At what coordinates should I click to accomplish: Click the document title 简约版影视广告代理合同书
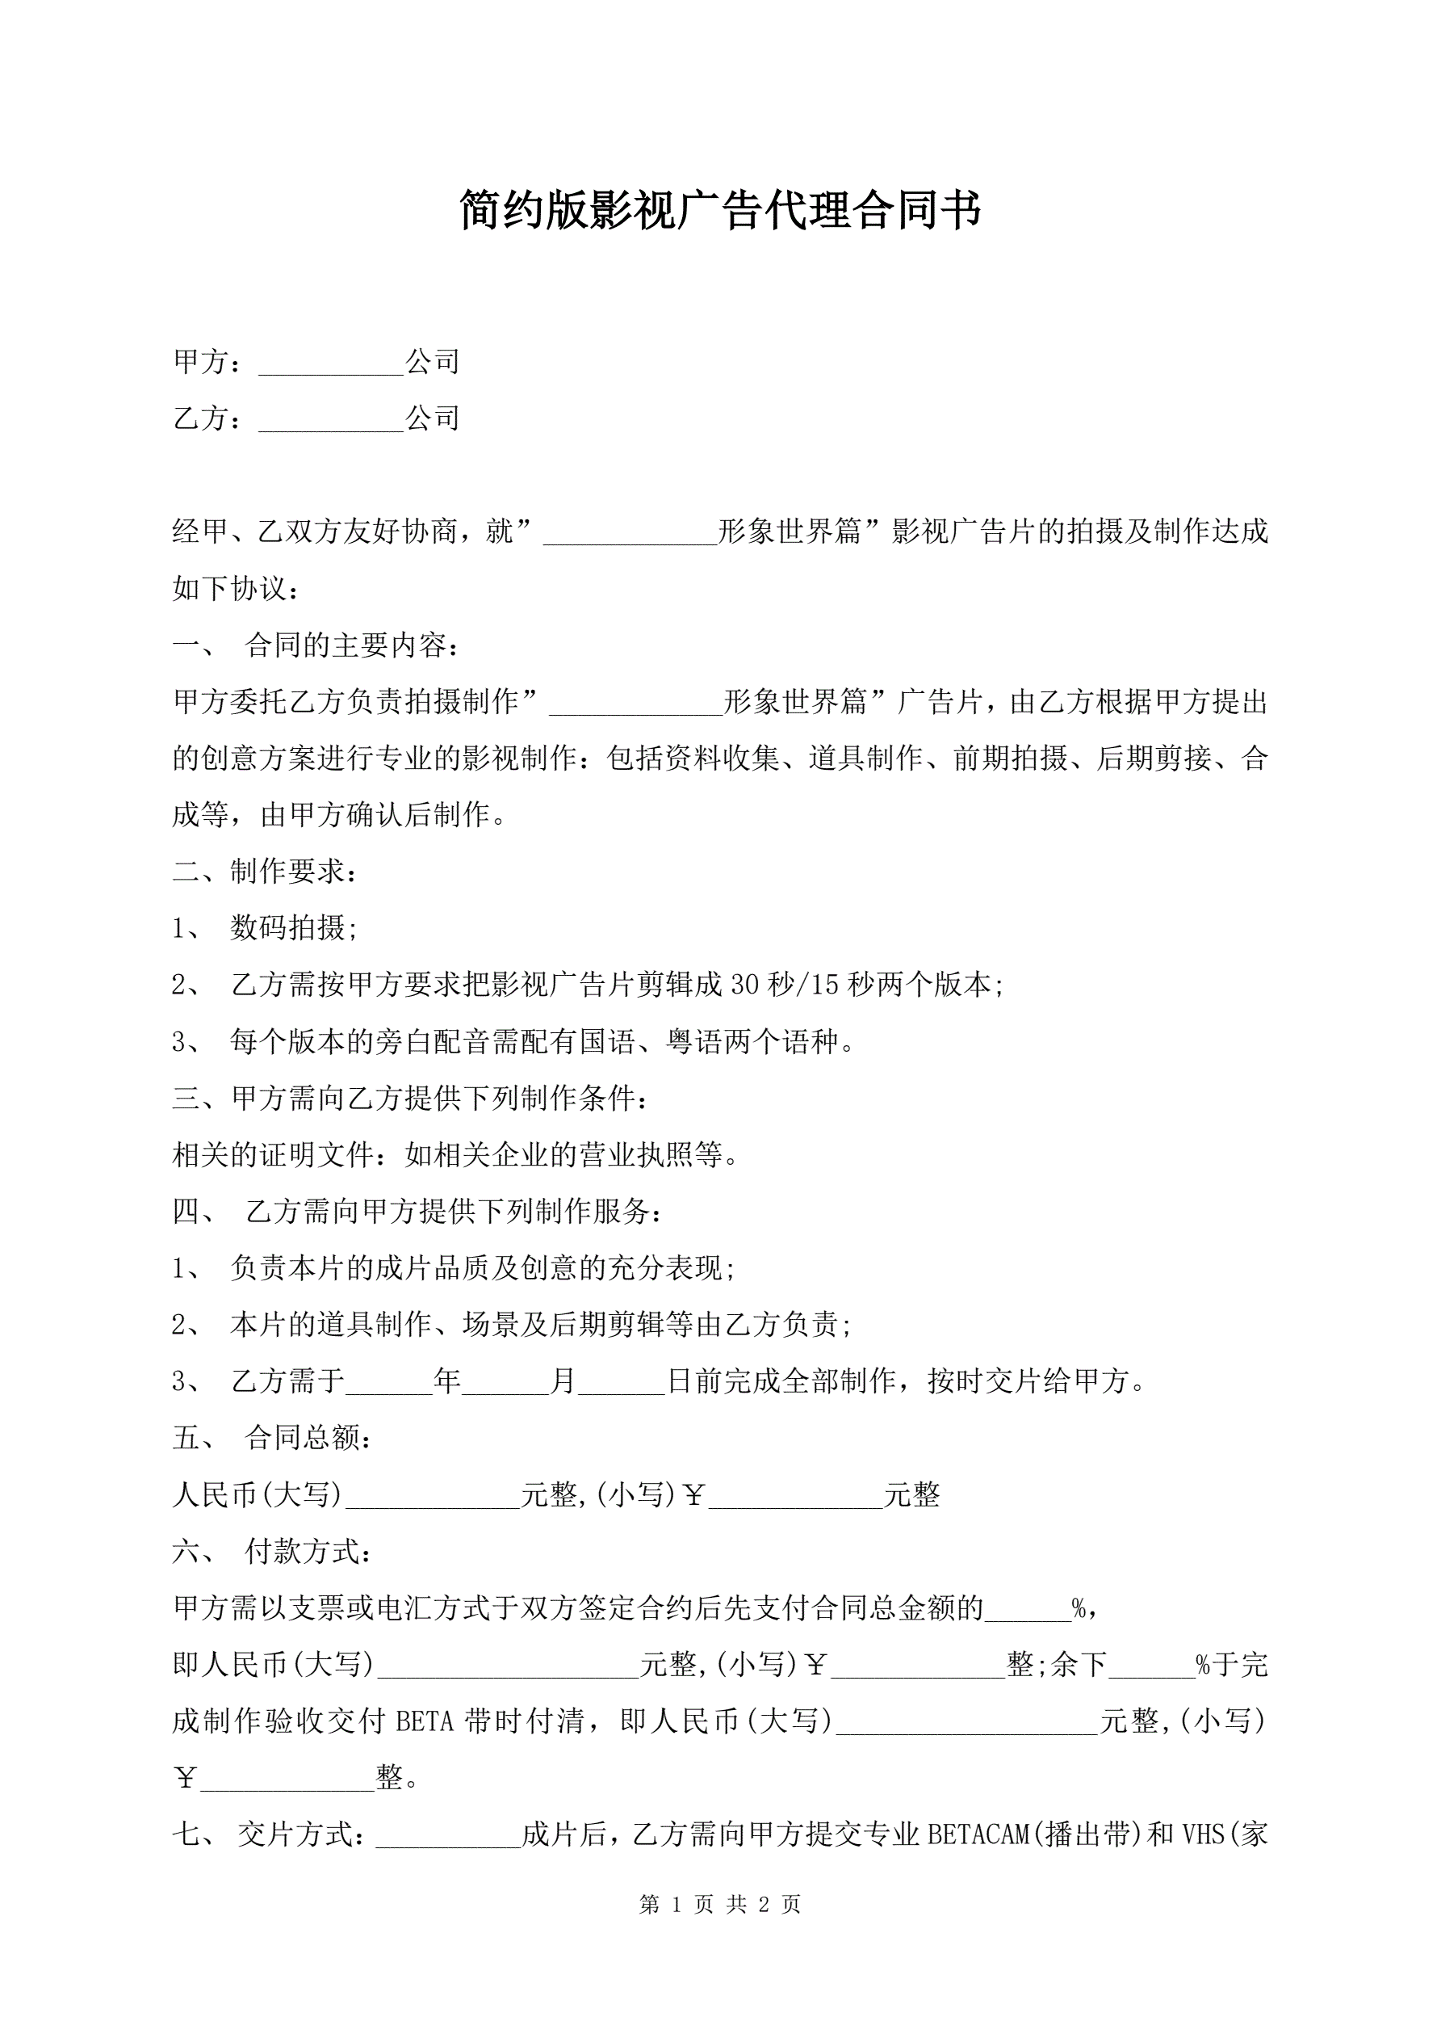[719, 210]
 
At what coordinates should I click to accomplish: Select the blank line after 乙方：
[331, 420]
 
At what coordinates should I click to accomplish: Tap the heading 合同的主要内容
[351, 645]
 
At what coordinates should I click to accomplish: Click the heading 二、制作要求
[266, 872]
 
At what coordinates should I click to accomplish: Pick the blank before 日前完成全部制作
[622, 1382]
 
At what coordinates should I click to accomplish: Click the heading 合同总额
[307, 1438]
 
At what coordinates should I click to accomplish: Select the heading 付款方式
[307, 1552]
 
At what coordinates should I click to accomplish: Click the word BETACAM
[978, 1834]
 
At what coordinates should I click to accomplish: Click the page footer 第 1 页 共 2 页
[719, 1904]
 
